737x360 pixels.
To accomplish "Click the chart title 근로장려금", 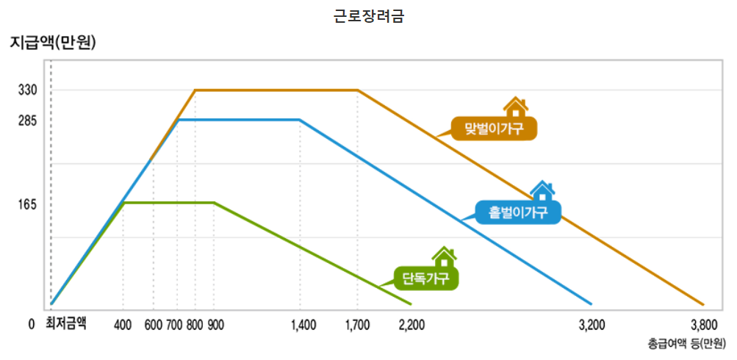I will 368,16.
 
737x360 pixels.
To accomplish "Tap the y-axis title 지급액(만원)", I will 54,43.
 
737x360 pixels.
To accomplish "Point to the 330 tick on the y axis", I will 28,90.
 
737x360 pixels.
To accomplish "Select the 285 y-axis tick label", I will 28,120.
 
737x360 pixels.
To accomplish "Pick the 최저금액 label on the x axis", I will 66,323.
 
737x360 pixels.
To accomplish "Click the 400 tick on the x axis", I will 123,324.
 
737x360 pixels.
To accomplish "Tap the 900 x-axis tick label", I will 215,324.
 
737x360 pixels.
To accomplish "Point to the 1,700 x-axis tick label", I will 357,324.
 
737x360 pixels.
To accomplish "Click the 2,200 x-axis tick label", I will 411,324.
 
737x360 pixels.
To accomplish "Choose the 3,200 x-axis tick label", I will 592,324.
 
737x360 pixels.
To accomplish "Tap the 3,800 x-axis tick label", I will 704,324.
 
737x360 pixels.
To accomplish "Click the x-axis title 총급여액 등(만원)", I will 686,343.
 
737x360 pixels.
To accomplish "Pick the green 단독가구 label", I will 426,278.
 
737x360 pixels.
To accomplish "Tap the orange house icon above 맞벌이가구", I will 516,107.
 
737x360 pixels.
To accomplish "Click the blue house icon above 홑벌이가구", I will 542,191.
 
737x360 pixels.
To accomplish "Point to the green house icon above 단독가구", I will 444,257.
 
